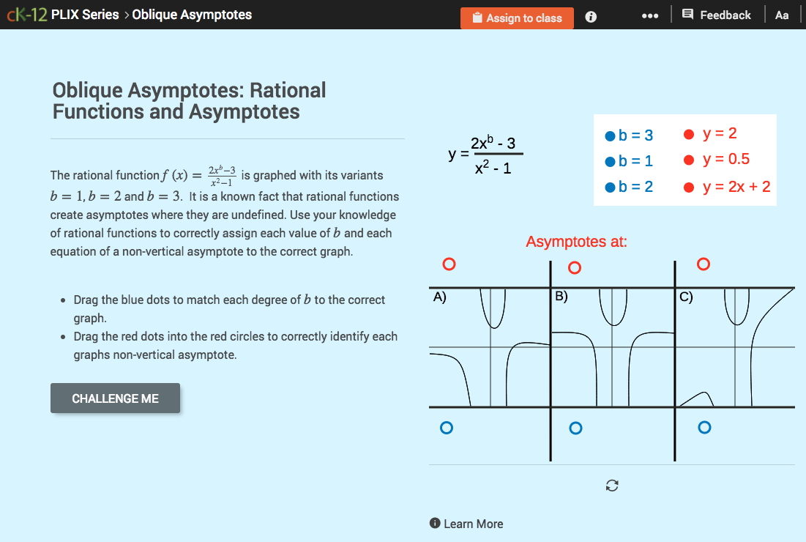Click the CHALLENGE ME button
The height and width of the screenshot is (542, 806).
(x=115, y=398)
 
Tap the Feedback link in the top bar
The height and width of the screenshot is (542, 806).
(x=717, y=15)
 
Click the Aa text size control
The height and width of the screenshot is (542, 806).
(x=782, y=15)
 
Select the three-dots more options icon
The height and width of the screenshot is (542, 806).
(x=649, y=15)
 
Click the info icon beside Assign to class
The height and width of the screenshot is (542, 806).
(x=591, y=17)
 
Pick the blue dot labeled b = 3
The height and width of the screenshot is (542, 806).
(x=609, y=135)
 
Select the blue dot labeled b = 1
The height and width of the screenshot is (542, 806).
(x=609, y=161)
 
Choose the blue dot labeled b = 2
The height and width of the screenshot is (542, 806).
(x=609, y=188)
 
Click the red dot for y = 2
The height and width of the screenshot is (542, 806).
(x=688, y=134)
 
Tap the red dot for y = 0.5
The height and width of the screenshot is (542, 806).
(x=688, y=160)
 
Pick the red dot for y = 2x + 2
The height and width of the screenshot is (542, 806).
(x=688, y=187)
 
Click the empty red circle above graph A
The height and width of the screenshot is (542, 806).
(x=449, y=264)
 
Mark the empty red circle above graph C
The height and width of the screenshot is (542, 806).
(x=704, y=264)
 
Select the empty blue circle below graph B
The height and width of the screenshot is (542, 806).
(x=575, y=428)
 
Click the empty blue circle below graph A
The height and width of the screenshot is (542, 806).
(x=447, y=428)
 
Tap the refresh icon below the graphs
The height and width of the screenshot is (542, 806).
(x=613, y=486)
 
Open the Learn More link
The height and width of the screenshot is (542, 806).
(x=466, y=524)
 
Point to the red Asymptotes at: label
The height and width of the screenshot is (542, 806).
(x=576, y=242)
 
